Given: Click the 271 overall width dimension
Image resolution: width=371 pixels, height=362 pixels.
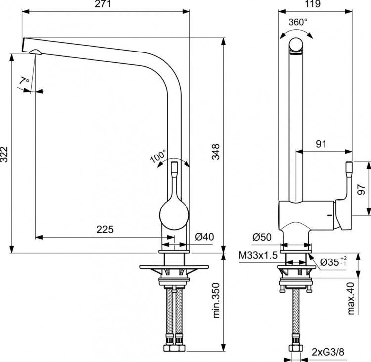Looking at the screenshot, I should pos(106,4).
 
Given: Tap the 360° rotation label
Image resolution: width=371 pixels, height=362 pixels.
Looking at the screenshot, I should pos(298,22).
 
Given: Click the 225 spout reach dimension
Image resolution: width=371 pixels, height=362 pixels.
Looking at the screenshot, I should pos(105,229).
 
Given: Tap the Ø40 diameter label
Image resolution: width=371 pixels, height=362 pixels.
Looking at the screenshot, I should pos(204,237).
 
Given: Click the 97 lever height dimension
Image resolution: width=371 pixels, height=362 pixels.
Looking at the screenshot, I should pos(361,188).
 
